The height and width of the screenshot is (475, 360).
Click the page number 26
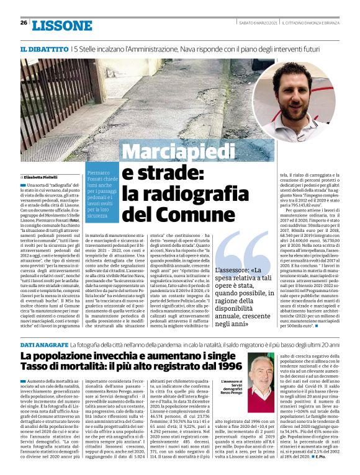(x=24, y=23)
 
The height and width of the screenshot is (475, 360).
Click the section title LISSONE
(x=61, y=25)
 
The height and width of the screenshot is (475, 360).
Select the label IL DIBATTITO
(x=44, y=48)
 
